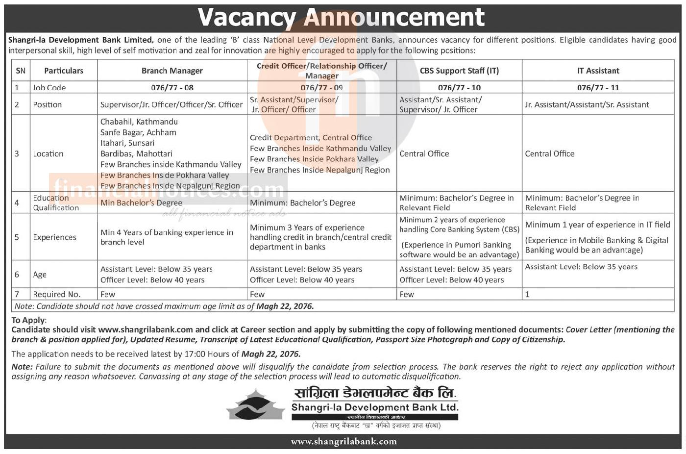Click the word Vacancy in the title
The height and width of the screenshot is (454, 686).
(246, 18)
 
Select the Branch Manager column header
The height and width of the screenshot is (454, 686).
(172, 71)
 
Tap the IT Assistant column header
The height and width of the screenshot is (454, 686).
(598, 71)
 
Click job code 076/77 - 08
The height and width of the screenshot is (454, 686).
(172, 87)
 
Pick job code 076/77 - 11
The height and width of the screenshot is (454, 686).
(598, 87)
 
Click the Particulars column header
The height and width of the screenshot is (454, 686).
(64, 71)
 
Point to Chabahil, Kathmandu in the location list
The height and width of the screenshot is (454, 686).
(139, 122)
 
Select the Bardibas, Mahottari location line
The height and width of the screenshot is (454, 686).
(136, 153)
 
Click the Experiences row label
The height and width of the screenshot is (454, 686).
(54, 237)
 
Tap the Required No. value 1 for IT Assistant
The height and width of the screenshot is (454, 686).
(527, 294)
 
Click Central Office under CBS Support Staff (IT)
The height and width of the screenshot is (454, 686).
(424, 153)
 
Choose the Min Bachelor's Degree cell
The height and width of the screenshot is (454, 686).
(141, 202)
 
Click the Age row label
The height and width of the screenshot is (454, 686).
(40, 275)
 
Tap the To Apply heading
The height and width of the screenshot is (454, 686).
(29, 320)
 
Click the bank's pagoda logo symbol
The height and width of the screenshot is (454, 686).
(255, 405)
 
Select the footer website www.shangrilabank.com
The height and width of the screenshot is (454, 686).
(343, 441)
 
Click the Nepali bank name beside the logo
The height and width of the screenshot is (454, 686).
(375, 393)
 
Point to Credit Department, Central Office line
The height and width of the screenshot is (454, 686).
(311, 138)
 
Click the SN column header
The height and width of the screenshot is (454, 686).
(21, 71)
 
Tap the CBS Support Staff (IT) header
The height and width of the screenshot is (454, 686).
(459, 71)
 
